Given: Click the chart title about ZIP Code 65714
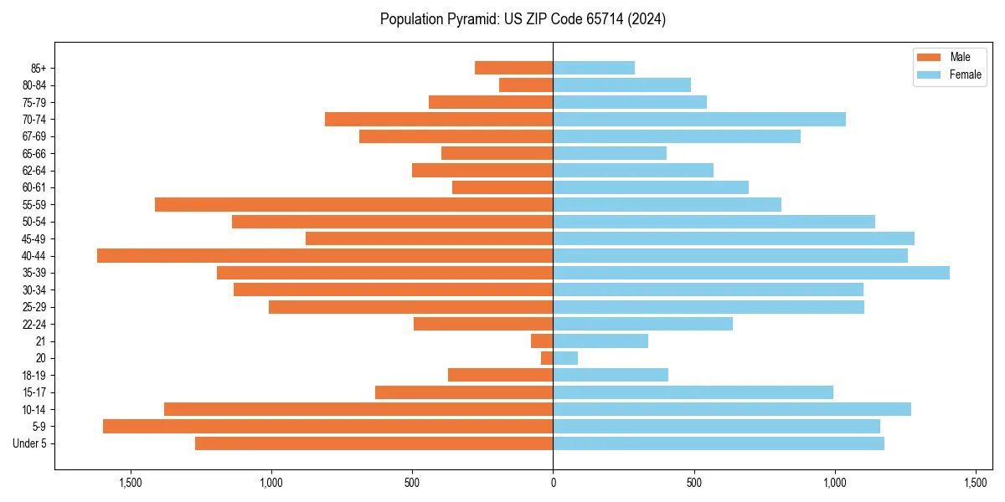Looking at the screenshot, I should pyautogui.click(x=523, y=19).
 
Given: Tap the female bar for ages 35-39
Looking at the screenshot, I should pyautogui.click(x=751, y=273).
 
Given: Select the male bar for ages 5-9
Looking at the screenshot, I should pyautogui.click(x=327, y=427).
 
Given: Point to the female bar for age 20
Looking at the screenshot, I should pyautogui.click(x=565, y=358).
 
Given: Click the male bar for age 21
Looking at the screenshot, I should pyautogui.click(x=542, y=341).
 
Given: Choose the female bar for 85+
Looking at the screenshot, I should pyautogui.click(x=594, y=68).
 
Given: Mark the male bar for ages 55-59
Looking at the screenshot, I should pyautogui.click(x=353, y=204).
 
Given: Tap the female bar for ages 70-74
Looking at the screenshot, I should pyautogui.click(x=699, y=119).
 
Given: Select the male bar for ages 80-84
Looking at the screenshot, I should pyautogui.click(x=526, y=85).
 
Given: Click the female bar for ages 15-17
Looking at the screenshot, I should pyautogui.click(x=693, y=392).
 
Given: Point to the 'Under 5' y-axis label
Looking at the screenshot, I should pyautogui.click(x=29, y=443).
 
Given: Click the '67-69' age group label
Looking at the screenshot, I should pyautogui.click(x=34, y=136).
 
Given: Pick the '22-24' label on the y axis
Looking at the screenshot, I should pyautogui.click(x=34, y=324).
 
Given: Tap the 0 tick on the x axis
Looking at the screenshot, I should pyautogui.click(x=553, y=483).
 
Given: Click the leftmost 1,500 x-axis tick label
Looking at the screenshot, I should pyautogui.click(x=131, y=483).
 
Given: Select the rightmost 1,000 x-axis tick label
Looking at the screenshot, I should pyautogui.click(x=834, y=483).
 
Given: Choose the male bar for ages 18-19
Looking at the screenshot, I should pyautogui.click(x=500, y=375).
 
